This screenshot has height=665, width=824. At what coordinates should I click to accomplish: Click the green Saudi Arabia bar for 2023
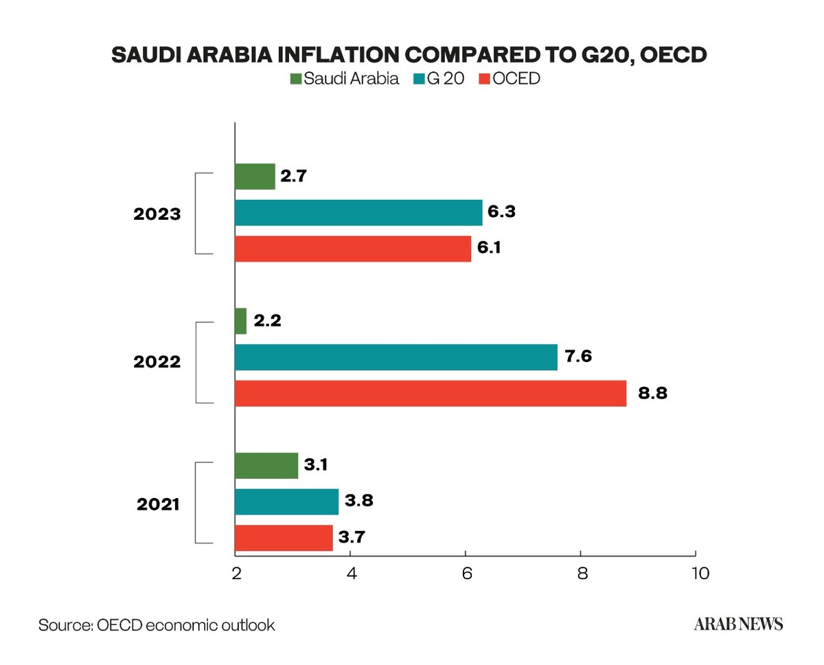point(255,177)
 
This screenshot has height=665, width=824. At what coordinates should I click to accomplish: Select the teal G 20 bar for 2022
point(396,357)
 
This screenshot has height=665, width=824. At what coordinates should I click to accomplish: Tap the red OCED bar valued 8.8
point(431,394)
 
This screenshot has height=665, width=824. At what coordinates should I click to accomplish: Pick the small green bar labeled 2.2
point(241,321)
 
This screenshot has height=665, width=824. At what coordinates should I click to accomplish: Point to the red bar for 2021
point(284,538)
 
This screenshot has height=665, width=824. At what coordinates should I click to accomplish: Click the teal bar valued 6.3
point(358,212)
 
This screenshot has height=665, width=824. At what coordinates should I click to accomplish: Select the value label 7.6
point(578,357)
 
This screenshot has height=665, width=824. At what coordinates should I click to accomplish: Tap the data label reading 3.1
point(316,464)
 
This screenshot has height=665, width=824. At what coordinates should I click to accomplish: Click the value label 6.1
point(489,247)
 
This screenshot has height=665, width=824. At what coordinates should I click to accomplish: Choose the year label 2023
point(157,214)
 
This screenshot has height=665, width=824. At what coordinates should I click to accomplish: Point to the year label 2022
point(157,362)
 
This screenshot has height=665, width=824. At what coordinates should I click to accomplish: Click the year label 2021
point(158,504)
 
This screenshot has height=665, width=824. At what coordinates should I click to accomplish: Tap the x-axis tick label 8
point(582,574)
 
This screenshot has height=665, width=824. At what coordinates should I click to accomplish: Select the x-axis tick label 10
point(700,574)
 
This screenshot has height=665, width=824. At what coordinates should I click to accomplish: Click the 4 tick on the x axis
point(352,574)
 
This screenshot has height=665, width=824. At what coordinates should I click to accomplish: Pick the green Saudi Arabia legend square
point(296,78)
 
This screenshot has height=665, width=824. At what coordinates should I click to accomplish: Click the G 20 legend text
point(446,78)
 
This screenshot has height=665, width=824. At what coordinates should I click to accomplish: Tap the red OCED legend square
point(485,78)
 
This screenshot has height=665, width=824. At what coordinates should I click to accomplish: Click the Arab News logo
point(739,624)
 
